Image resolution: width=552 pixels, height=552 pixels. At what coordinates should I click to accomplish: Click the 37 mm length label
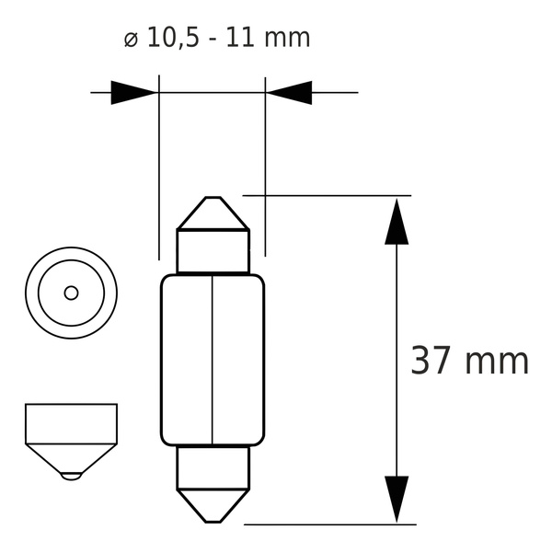point(469,361)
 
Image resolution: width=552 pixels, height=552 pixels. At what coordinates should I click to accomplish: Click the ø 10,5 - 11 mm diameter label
point(217,39)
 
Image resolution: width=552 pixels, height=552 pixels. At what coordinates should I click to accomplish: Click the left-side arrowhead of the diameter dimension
point(133,92)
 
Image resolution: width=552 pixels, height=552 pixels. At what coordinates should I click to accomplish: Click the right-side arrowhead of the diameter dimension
point(290,92)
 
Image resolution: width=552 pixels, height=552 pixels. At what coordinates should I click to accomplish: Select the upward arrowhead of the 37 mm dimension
point(397,221)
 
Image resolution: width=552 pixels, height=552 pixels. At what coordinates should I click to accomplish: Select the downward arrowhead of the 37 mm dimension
point(397,499)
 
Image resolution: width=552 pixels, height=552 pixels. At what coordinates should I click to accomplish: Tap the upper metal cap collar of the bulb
point(213,251)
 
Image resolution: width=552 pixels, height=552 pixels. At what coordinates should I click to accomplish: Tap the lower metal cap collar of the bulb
point(213,467)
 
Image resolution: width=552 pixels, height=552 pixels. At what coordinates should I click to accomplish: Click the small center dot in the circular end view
point(71,293)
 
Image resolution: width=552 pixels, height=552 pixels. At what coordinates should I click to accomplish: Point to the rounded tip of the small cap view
point(71,477)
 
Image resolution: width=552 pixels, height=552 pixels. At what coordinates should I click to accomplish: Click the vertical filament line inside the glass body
point(213,360)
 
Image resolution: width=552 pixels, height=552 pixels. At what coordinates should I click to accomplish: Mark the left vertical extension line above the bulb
point(159,166)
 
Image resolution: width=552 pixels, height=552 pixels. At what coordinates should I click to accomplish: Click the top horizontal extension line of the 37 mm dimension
point(331,195)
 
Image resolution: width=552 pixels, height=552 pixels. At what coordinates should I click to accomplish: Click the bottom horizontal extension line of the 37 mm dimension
point(331,524)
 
